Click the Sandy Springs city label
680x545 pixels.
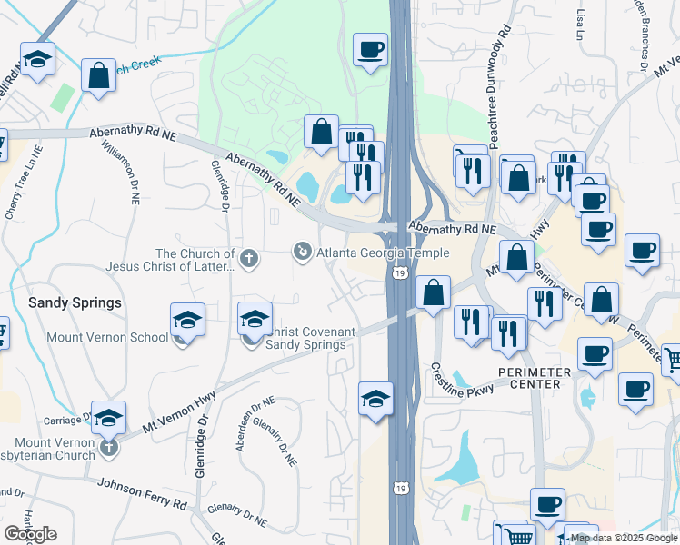[75, 302]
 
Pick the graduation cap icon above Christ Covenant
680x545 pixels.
[255, 319]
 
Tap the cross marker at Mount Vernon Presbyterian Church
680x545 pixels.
[109, 447]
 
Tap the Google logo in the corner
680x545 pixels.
[30, 534]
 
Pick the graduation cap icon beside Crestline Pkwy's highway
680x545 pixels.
[375, 399]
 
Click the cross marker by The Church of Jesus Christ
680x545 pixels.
[249, 260]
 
